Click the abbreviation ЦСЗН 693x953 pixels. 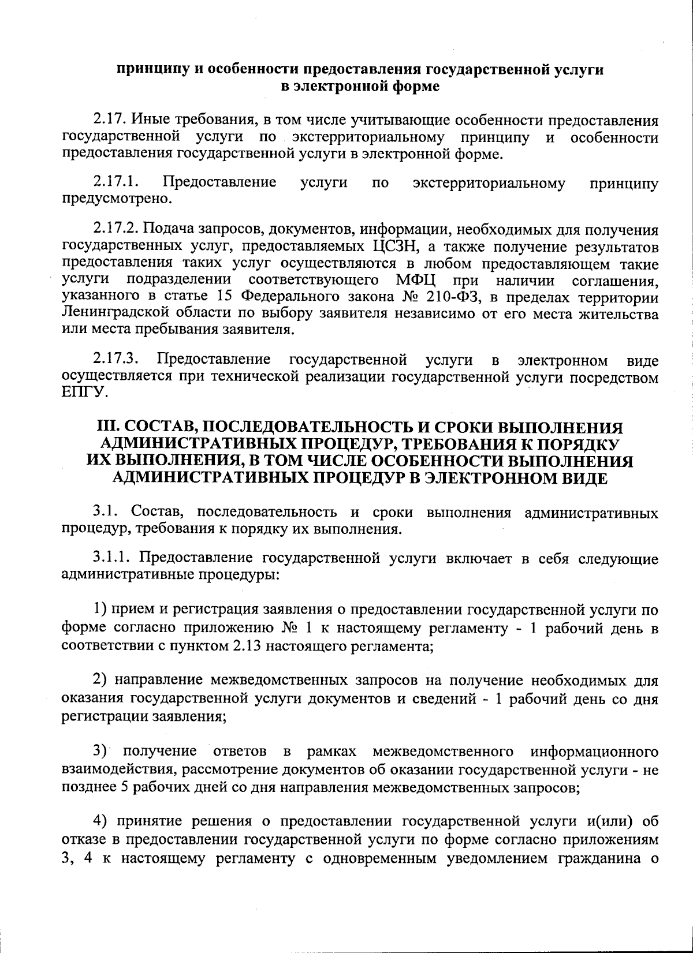pyautogui.click(x=389, y=247)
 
